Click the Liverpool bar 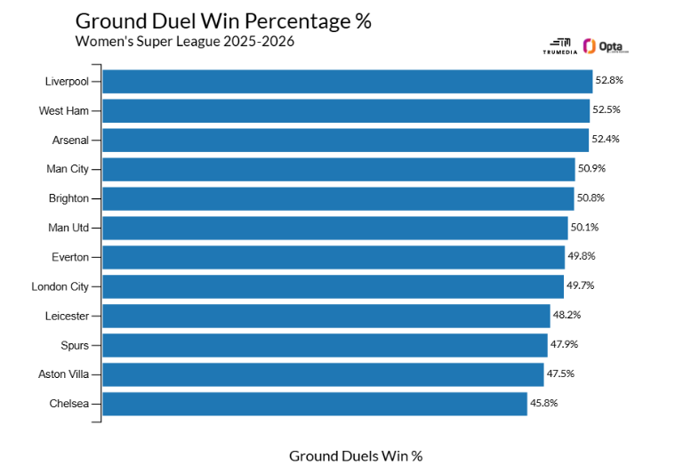[347, 81]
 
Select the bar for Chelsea [315, 404]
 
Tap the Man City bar [339, 169]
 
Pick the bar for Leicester [326, 316]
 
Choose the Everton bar [333, 257]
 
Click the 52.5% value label [607, 110]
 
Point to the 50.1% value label [585, 228]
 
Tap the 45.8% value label [544, 404]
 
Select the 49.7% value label [581, 286]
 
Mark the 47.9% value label [565, 345]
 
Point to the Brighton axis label [68, 198]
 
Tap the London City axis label [60, 286]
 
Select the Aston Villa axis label [63, 374]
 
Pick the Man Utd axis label [68, 228]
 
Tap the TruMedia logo [559, 47]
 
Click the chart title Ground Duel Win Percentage [223, 21]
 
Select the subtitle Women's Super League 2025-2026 [184, 41]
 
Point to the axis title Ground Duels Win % [356, 455]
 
